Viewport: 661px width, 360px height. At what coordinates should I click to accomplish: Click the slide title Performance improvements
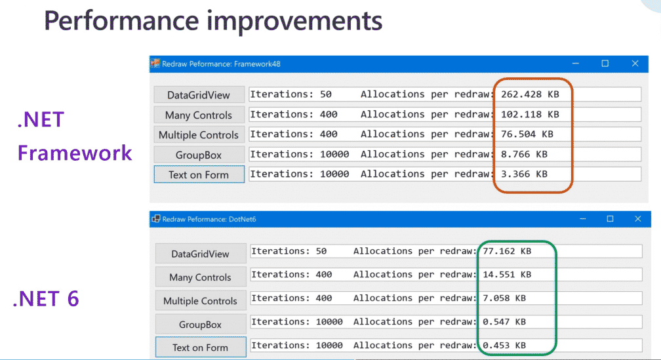(212, 21)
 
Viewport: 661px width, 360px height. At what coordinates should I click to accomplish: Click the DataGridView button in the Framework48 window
(199, 95)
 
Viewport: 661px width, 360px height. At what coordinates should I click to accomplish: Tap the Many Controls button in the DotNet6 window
(200, 277)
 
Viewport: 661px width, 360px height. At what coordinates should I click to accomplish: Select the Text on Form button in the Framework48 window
(199, 174)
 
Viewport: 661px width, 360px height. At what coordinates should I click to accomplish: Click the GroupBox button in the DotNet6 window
(200, 324)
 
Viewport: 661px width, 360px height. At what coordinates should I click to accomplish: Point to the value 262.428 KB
(530, 94)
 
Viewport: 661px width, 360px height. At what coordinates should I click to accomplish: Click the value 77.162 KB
(507, 251)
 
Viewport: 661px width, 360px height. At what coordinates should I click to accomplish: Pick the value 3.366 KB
(524, 174)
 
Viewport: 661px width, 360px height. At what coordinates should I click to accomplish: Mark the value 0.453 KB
(504, 345)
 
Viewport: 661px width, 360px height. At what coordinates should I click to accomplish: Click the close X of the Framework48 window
(635, 64)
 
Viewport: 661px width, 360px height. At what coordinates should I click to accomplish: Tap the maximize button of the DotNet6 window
(610, 219)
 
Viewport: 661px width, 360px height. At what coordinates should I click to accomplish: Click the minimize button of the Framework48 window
(575, 64)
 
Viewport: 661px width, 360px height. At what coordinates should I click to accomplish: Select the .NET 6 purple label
(46, 299)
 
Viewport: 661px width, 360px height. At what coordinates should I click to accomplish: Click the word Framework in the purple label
(75, 153)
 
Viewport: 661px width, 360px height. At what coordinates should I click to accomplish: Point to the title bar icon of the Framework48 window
(156, 64)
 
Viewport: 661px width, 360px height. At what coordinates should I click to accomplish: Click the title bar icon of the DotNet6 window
(156, 219)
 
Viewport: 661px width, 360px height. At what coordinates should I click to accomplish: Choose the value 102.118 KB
(530, 114)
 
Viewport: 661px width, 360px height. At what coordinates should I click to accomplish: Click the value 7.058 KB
(504, 298)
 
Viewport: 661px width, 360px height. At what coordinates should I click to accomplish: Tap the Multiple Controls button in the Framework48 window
(199, 135)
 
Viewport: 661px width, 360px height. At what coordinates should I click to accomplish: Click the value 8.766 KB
(524, 154)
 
